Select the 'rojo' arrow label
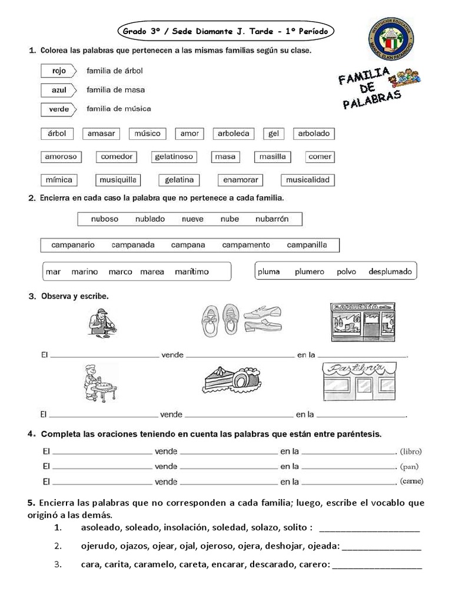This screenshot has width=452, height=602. pos(59,71)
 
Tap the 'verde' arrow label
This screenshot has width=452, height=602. pos(59,109)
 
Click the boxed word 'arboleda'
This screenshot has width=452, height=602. pos(234,133)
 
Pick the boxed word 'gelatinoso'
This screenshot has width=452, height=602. pos(173,157)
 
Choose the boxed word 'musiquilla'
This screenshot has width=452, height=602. pos(118,180)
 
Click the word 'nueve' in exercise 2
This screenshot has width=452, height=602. pos(192,219)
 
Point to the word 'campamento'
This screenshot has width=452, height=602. pos(246,245)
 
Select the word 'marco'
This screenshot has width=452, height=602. pos(120,272)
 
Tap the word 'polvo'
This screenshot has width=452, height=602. pos(347,272)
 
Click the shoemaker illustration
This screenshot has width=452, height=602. pos(102,323)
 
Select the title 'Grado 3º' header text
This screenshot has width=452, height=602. pos(144,30)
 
